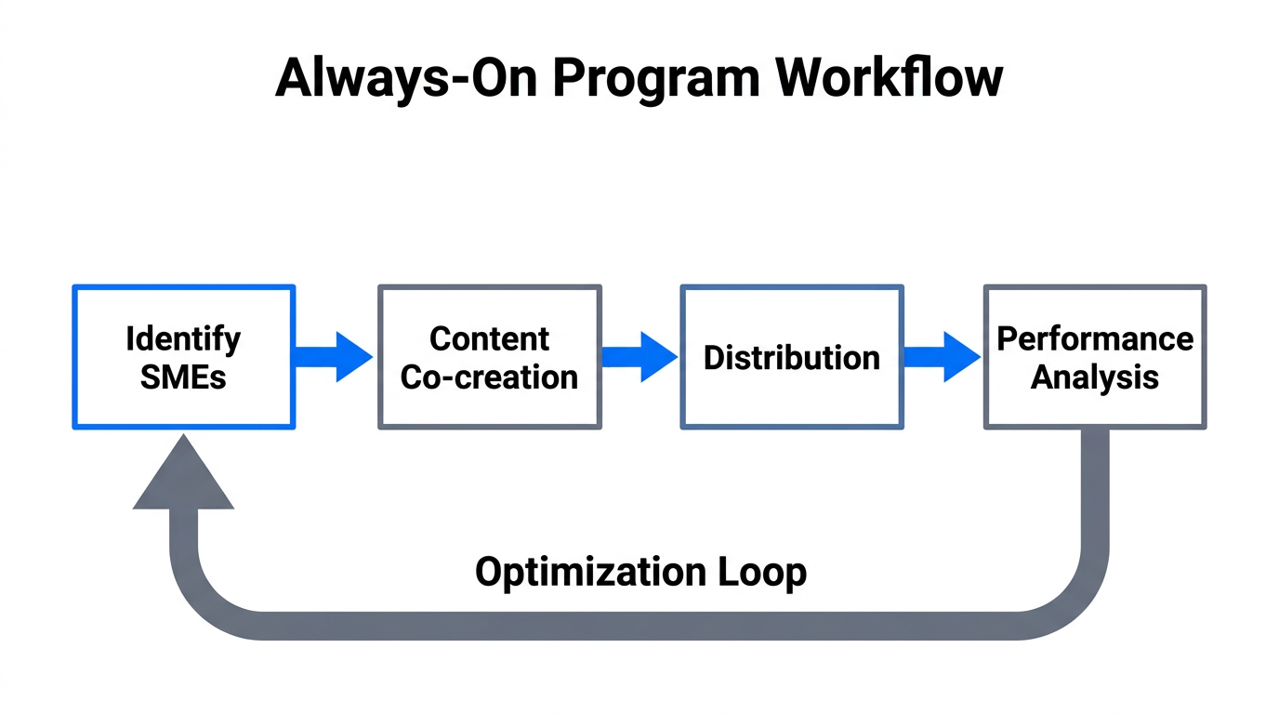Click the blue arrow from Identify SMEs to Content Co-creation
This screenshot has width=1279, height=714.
pos(333,357)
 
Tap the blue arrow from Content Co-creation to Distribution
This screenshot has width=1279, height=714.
pos(639,357)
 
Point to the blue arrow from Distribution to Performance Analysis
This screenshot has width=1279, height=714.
pos(942,357)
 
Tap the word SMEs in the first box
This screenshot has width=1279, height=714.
pos(183,377)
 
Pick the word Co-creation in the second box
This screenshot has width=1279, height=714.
pos(490,377)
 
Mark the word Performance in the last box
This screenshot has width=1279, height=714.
pos(1095,338)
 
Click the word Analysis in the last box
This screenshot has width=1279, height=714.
pos(1095,377)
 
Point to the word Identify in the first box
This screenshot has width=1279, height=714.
pos(183,338)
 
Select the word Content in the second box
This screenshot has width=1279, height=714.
pos(490,338)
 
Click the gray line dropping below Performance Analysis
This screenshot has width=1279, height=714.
pos(1095,502)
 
